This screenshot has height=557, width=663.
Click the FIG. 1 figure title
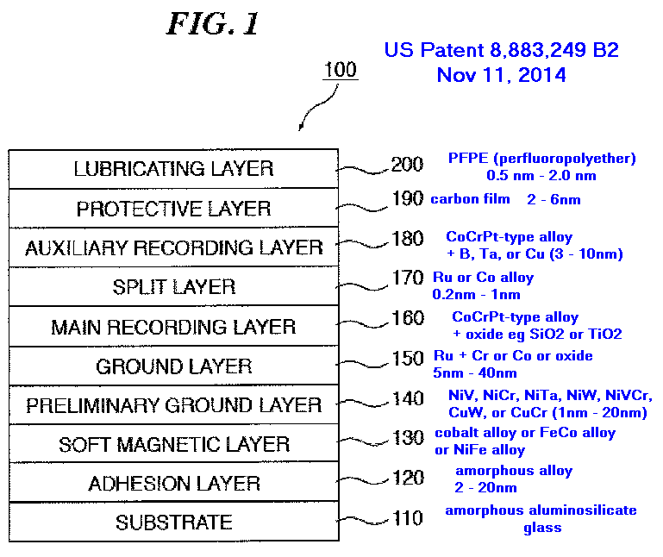(x=213, y=23)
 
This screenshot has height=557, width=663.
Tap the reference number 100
(x=341, y=69)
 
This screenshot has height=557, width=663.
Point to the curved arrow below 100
(x=317, y=107)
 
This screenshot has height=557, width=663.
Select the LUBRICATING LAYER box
(x=173, y=169)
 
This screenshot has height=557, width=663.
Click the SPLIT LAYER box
(x=173, y=287)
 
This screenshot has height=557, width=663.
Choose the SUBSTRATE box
(x=173, y=522)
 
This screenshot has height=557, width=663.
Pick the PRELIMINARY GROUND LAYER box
(x=173, y=404)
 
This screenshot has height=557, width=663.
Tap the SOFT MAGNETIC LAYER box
(x=173, y=444)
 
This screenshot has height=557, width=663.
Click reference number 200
(x=407, y=164)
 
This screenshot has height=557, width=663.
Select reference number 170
(x=408, y=278)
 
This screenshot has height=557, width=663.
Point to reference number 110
(x=408, y=517)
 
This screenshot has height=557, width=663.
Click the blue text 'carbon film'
(x=470, y=199)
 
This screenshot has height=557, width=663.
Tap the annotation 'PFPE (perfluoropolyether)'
(x=541, y=158)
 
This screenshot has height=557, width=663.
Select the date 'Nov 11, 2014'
(x=501, y=75)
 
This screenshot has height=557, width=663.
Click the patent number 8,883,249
(x=538, y=50)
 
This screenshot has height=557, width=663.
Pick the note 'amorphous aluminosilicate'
(x=541, y=510)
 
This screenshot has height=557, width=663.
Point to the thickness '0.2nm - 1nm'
(x=476, y=294)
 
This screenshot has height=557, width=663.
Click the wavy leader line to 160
(x=362, y=323)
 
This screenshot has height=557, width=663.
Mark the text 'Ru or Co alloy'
(x=483, y=277)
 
